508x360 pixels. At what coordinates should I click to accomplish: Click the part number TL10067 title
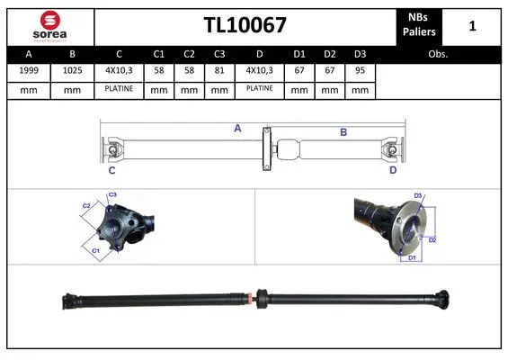click(x=245, y=25)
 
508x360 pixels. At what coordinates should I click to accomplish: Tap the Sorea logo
click(x=50, y=25)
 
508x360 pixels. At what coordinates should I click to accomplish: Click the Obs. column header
click(x=438, y=54)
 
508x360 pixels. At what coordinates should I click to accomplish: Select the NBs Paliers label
click(x=418, y=25)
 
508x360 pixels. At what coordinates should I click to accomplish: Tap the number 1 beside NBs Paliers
click(x=472, y=26)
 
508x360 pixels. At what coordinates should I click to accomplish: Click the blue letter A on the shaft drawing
click(x=237, y=129)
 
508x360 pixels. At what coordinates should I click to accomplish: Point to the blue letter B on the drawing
click(x=343, y=132)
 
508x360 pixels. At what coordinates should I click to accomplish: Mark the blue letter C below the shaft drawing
click(x=111, y=169)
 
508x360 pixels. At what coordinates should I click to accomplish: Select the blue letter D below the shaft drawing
click(x=392, y=169)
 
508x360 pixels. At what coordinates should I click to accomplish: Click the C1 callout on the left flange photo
click(x=95, y=250)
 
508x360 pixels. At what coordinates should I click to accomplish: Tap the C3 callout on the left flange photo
click(x=112, y=195)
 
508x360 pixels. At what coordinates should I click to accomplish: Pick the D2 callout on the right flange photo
click(x=432, y=239)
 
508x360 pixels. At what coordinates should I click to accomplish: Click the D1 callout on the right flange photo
click(x=413, y=259)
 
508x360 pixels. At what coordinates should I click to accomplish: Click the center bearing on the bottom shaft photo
click(x=263, y=297)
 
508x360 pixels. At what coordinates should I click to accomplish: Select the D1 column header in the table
click(x=299, y=54)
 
